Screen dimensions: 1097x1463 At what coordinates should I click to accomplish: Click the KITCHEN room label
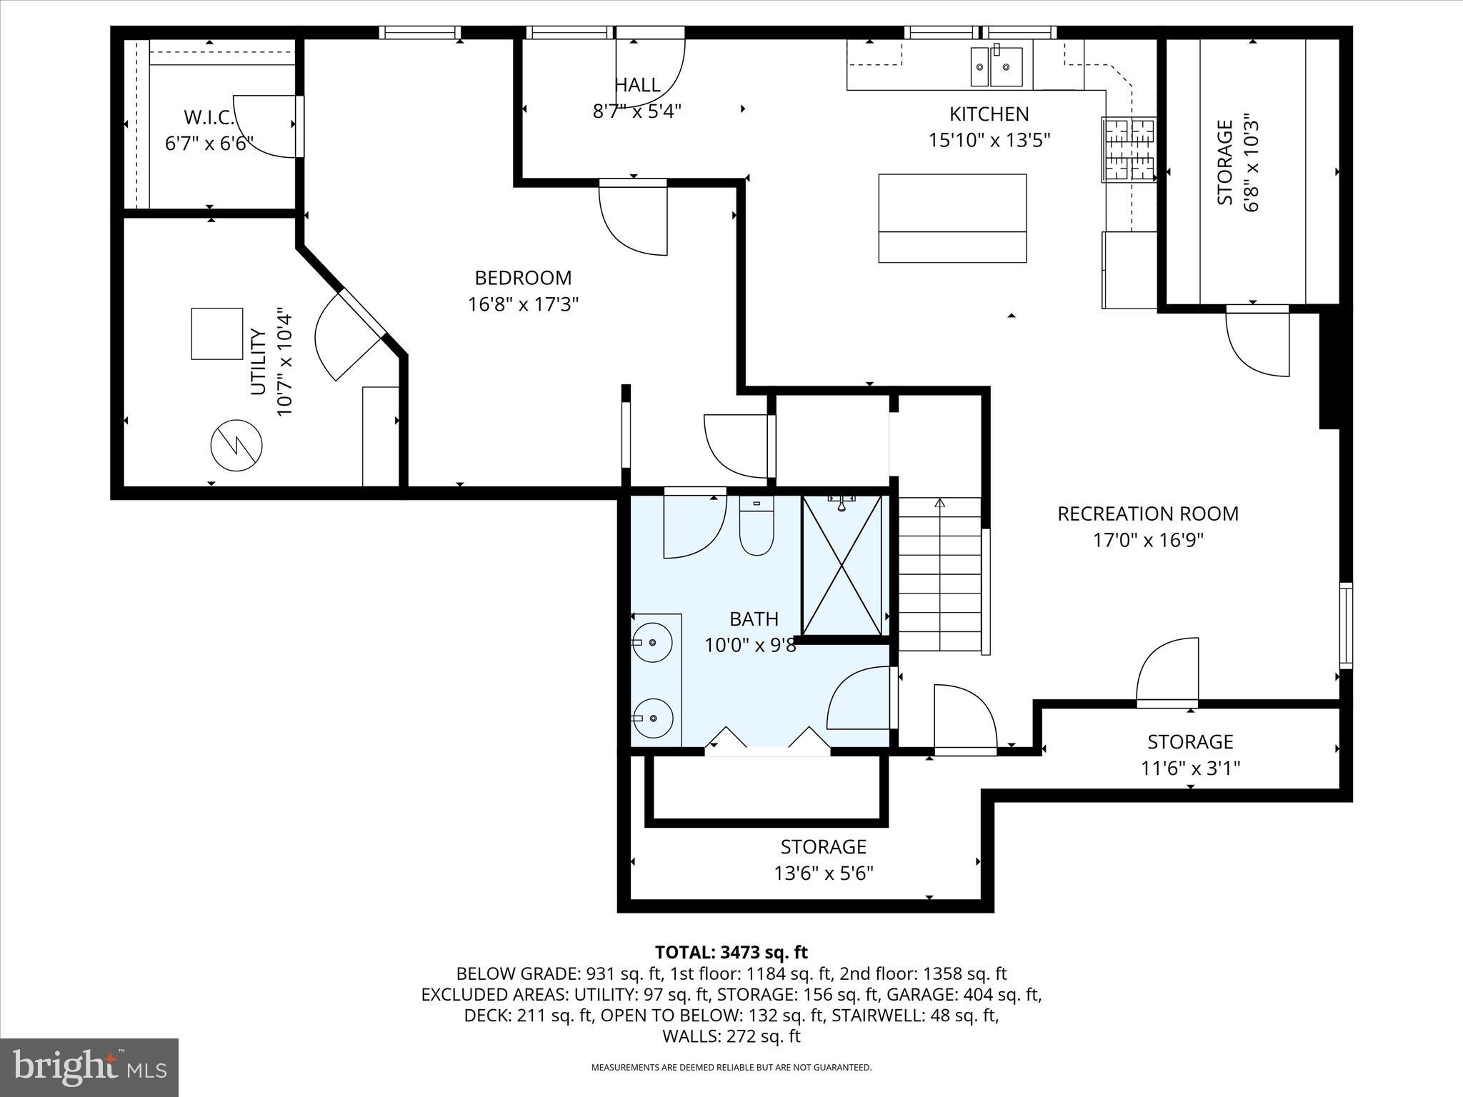pos(989,114)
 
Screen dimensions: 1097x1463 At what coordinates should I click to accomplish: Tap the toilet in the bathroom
pos(757,529)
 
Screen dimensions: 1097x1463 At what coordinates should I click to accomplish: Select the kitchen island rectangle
pos(952,218)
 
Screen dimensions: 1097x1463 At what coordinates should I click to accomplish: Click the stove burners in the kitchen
pos(1130,149)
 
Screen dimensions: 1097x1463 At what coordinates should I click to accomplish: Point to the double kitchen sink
pos(996,66)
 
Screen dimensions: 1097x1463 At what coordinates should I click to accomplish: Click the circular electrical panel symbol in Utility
pos(236,446)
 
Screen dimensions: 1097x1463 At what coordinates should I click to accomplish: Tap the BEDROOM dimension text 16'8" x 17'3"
pos(523,305)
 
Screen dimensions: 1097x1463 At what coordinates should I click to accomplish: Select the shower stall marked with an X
pos(842,565)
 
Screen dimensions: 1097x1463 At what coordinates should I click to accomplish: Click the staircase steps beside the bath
pos(940,575)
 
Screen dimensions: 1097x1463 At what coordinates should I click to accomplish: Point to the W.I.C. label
pos(209,116)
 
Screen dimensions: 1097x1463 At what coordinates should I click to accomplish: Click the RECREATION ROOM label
pos(1148,514)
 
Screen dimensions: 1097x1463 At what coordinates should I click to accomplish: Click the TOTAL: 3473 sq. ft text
pos(731,952)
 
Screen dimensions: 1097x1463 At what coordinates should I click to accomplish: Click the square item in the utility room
pos(217,334)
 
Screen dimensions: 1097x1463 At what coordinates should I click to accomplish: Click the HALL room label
pos(637,86)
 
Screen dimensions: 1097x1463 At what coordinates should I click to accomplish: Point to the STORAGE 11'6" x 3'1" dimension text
pos(1190,768)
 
